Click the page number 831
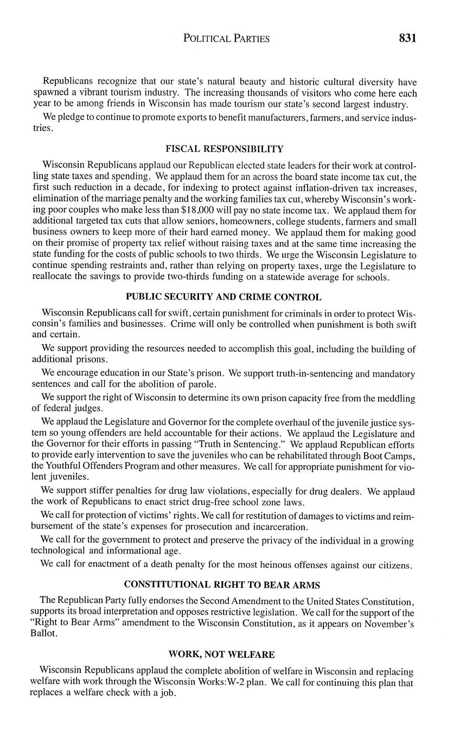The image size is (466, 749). tap(407, 38)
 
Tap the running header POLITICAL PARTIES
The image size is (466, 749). tap(226, 39)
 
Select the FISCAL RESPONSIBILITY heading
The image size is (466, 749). tap(224, 149)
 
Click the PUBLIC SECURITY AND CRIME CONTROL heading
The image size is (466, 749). tap(224, 297)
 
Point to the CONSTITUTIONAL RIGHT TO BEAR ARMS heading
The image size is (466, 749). tap(222, 585)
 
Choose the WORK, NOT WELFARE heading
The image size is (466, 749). tap(221, 654)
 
